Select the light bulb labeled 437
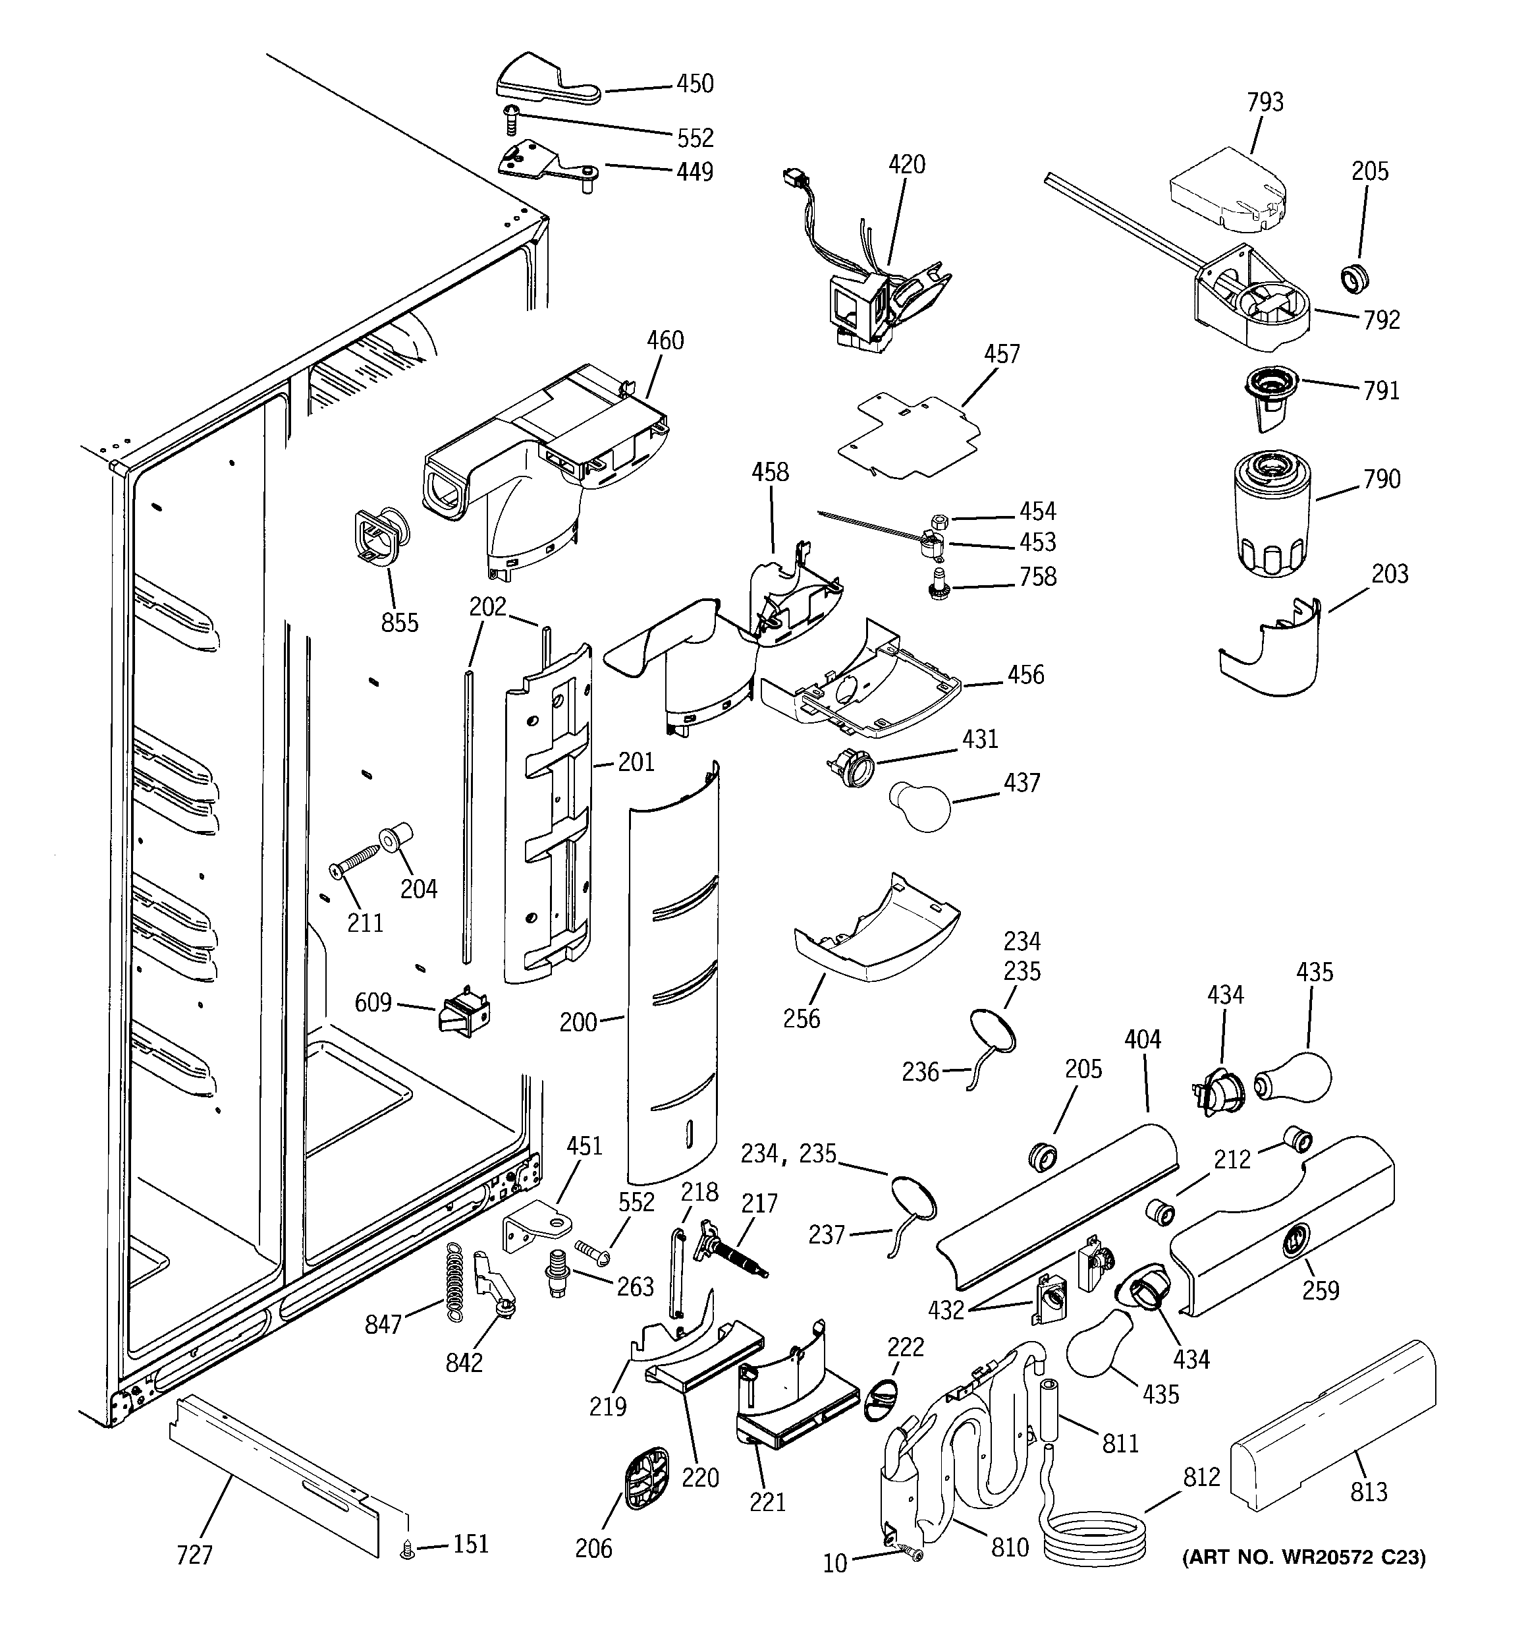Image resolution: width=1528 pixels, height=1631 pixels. (x=919, y=807)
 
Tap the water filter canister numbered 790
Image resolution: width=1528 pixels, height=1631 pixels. (x=1271, y=513)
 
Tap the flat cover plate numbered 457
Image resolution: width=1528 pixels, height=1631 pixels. (x=910, y=436)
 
